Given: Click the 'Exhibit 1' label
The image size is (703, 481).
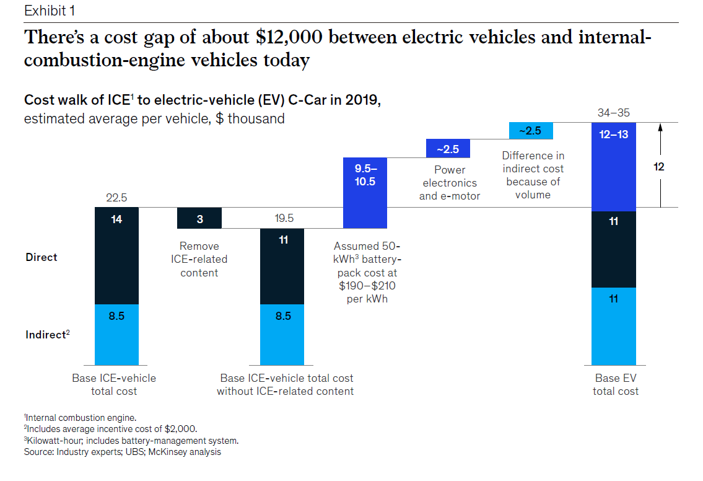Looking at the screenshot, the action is [50, 11].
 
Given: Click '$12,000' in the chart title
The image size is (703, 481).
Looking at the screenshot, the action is [289, 37].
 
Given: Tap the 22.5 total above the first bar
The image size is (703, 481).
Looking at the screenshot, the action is [116, 198].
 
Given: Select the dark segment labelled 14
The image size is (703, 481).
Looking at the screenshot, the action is [116, 256].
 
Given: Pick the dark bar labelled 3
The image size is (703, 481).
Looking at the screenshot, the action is [199, 218].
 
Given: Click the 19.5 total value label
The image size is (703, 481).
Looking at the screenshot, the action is [284, 218].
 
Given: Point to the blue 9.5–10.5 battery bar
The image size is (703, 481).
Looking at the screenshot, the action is [365, 193].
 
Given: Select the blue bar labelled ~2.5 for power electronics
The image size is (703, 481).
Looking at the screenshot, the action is [448, 149].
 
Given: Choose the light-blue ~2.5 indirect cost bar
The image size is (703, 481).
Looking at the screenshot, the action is [531, 131].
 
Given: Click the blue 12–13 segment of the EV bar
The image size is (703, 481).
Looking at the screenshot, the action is [614, 167].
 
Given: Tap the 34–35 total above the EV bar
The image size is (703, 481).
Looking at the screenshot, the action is [614, 113].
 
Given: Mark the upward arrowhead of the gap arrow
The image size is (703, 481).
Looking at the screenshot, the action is [660, 128].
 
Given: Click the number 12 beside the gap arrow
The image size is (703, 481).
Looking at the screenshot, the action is [658, 167].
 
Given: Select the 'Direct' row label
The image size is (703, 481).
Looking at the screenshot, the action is [41, 257].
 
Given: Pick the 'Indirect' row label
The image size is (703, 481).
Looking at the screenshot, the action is [48, 335].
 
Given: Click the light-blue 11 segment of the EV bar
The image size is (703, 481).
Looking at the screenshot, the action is [614, 326].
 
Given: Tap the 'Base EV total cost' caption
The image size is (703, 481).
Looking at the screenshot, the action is [616, 384].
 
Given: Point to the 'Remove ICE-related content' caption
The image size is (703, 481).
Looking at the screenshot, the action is [199, 259].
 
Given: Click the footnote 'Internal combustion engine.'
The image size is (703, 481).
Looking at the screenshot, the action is [81, 418].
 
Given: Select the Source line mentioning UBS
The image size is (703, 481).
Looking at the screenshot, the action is [123, 452].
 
